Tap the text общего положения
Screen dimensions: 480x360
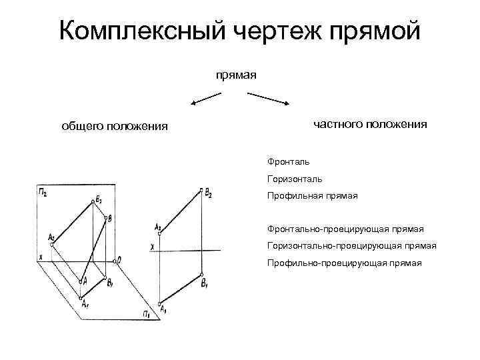coord(115,126)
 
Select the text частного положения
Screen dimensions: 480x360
coord(370,123)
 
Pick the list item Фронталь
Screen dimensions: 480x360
coord(288,161)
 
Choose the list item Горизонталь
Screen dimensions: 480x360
coord(295,179)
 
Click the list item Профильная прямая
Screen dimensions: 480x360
coord(312,196)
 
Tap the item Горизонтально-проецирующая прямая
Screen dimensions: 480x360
coord(351,245)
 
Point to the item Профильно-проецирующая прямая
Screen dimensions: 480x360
coord(344,263)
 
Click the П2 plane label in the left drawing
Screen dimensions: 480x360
coord(43,193)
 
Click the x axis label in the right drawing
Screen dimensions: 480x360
coord(153,247)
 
